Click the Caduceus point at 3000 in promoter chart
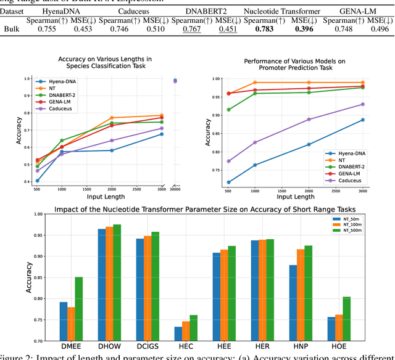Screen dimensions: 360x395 [363, 104]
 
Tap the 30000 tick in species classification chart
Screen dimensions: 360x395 [175, 189]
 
